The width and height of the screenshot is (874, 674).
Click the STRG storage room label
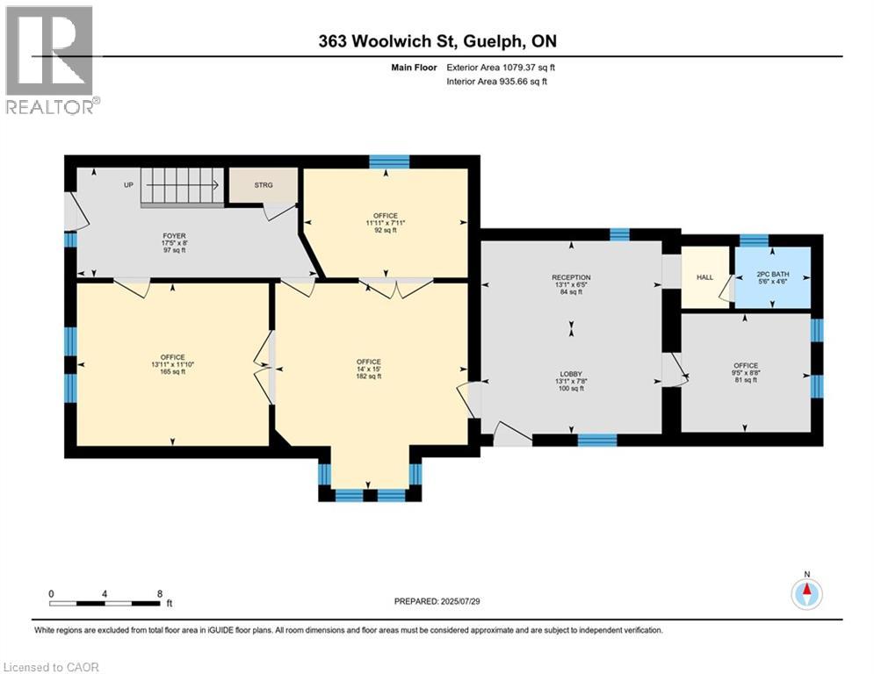click(264, 185)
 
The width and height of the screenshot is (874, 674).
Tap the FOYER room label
click(175, 236)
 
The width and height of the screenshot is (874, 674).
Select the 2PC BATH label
click(773, 275)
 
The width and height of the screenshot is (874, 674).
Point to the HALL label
click(705, 276)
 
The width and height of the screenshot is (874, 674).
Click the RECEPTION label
click(571, 277)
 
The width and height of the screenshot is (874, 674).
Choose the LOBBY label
click(571, 375)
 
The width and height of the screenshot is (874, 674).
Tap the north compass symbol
click(806, 594)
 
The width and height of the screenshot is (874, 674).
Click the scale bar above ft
click(105, 603)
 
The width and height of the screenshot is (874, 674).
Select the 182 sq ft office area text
click(368, 376)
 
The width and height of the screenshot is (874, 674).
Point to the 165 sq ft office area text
click(172, 372)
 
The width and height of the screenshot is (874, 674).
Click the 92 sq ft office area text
click(385, 230)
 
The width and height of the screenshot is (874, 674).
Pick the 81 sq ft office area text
click(746, 381)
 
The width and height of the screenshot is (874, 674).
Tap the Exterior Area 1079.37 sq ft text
click(501, 68)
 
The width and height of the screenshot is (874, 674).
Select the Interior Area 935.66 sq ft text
click(496, 82)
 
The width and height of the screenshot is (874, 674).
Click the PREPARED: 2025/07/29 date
click(437, 601)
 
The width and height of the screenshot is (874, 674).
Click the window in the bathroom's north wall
click(754, 240)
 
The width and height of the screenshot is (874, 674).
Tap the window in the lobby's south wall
click(597, 440)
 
